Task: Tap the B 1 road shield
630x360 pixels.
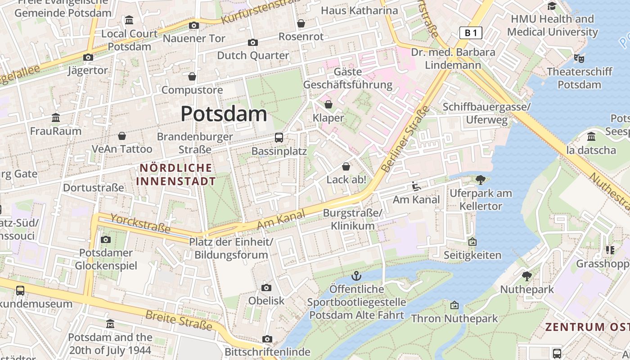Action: tap(471, 32)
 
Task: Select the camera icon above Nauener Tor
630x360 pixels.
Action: tap(194, 25)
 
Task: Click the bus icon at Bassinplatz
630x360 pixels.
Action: tap(279, 138)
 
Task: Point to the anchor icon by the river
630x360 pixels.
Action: tap(356, 275)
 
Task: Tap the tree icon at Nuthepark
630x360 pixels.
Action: tap(527, 276)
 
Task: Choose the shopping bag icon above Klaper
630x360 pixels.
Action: tap(328, 104)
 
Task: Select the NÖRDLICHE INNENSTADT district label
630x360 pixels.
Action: tap(176, 175)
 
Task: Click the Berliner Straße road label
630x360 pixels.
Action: tap(405, 139)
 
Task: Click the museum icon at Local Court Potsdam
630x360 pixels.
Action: tap(130, 20)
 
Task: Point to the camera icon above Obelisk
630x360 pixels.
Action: tap(266, 288)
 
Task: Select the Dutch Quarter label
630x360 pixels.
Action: tap(253, 55)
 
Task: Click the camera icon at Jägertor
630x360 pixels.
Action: tap(88, 57)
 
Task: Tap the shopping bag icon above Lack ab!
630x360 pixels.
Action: tap(346, 166)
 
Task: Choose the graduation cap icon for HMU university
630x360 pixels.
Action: tap(552, 6)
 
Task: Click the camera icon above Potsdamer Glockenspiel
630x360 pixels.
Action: tap(106, 239)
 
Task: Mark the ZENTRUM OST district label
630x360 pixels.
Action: tap(587, 327)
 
